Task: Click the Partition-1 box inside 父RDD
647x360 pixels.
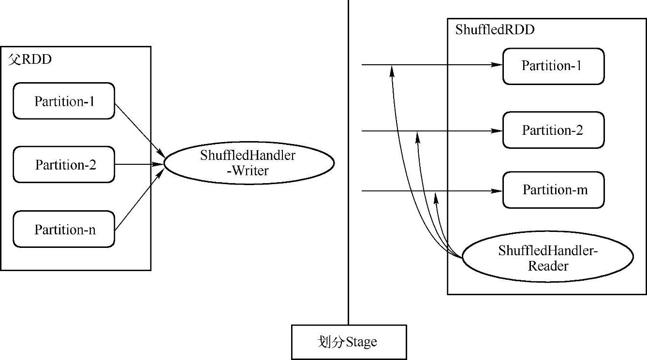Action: point(64,101)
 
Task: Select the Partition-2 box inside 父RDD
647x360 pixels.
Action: point(64,165)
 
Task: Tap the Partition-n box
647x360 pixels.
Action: point(64,230)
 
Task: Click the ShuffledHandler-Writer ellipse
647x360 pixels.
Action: point(249,163)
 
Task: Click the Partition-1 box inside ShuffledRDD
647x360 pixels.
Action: point(553,66)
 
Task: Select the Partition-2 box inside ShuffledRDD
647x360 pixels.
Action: point(553,130)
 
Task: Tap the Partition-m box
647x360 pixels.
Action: point(553,190)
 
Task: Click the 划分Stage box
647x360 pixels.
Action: point(349,342)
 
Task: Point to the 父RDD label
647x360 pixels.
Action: point(29,60)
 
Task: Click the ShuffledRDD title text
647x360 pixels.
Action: point(495,30)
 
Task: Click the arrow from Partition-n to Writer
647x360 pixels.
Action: point(139,199)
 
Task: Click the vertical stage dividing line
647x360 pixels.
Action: point(348,193)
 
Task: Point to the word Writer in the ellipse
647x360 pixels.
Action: point(250,171)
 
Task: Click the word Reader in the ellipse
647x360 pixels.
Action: point(547,265)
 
